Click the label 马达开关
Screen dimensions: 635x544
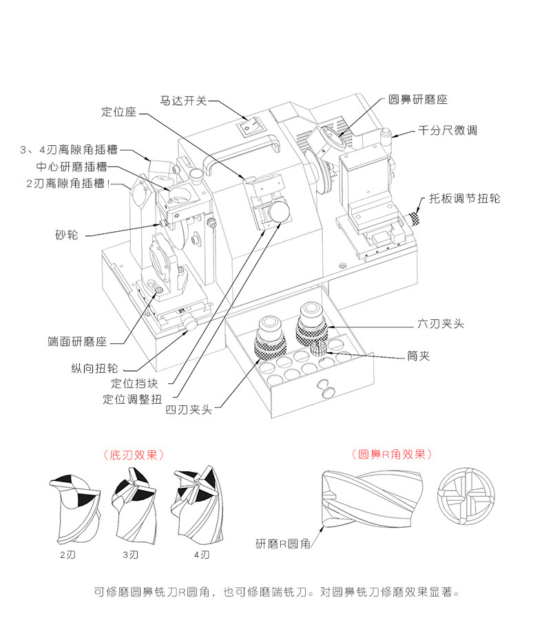(x=183, y=100)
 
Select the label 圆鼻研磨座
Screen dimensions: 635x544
(x=418, y=100)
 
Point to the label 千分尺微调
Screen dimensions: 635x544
(x=448, y=130)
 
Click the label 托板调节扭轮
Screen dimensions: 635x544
(x=464, y=199)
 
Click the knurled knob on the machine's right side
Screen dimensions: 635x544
(x=415, y=219)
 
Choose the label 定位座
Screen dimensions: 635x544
(x=119, y=111)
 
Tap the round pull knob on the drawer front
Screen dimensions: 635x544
(x=325, y=389)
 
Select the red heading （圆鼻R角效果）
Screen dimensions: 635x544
(x=391, y=454)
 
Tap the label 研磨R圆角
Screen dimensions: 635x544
(x=283, y=544)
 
